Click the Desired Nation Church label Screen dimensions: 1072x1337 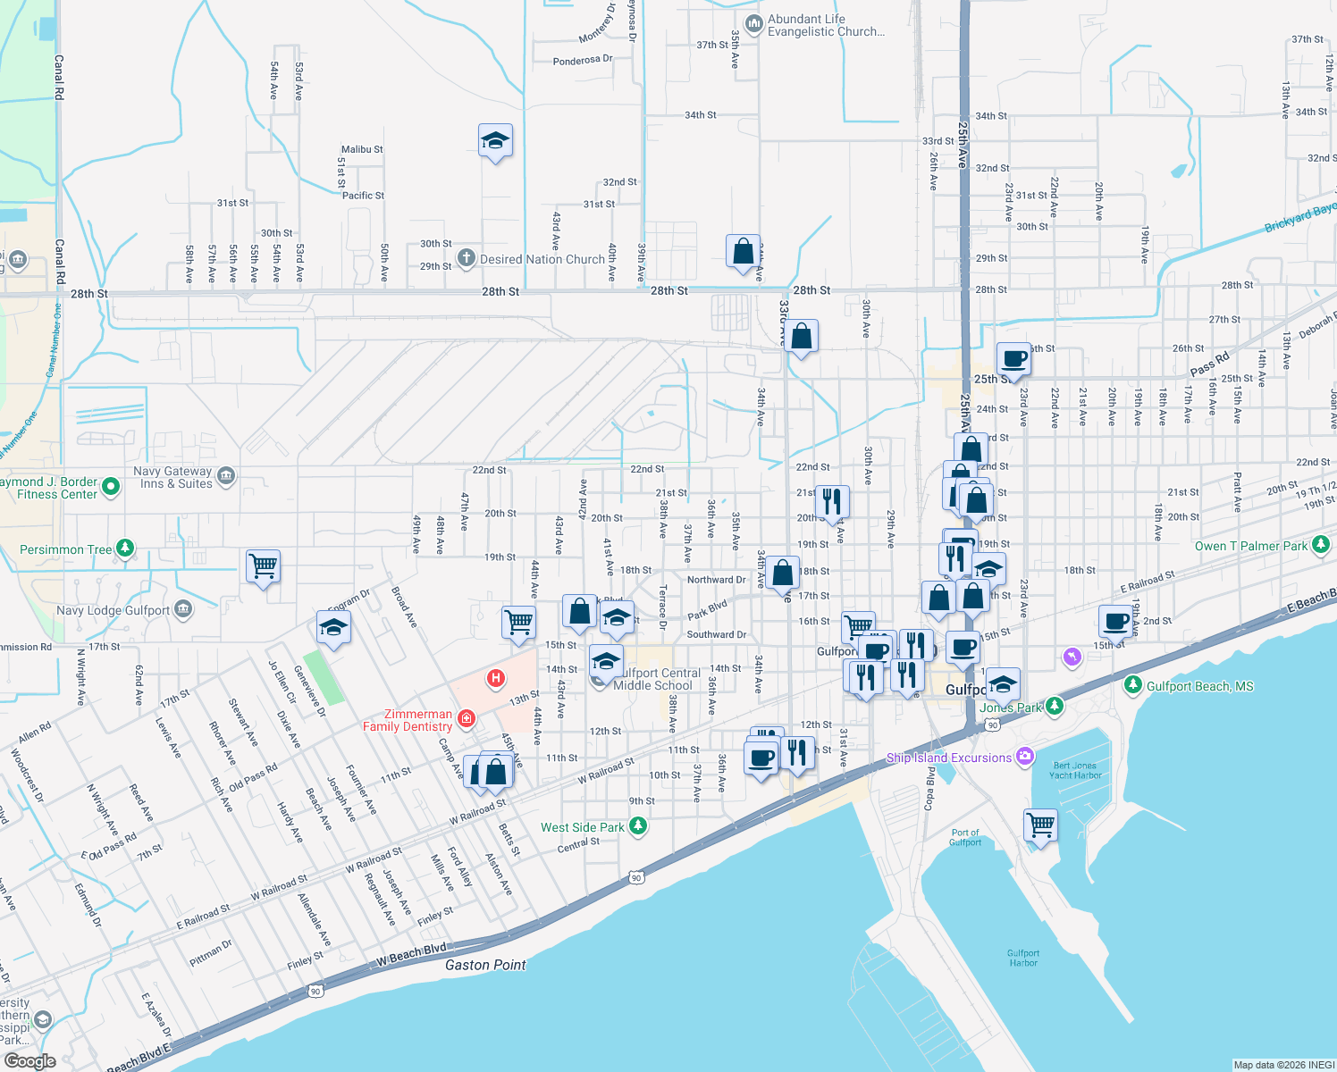(x=542, y=259)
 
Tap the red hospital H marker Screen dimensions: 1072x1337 (x=495, y=679)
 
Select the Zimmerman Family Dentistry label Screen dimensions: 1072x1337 (x=408, y=720)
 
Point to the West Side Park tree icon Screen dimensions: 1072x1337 (x=638, y=826)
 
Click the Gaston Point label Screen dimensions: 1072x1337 (x=485, y=965)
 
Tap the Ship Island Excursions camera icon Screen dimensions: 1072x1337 (x=1025, y=757)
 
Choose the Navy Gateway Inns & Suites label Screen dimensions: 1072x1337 (x=172, y=477)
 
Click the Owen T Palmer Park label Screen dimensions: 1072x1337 (x=1250, y=546)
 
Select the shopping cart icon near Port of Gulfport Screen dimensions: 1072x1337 (x=1040, y=825)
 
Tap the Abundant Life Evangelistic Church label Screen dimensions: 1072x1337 (x=826, y=25)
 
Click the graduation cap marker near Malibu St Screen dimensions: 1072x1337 (x=495, y=141)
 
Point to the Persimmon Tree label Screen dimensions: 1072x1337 (x=66, y=549)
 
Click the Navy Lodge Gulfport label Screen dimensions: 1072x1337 (x=113, y=610)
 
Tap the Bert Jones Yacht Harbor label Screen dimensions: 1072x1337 (x=1074, y=770)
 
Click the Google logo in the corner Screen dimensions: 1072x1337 (x=30, y=1060)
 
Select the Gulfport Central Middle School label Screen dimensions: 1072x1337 (x=655, y=679)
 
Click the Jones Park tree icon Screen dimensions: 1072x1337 (x=1055, y=706)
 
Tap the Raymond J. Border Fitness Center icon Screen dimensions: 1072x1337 (x=111, y=487)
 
